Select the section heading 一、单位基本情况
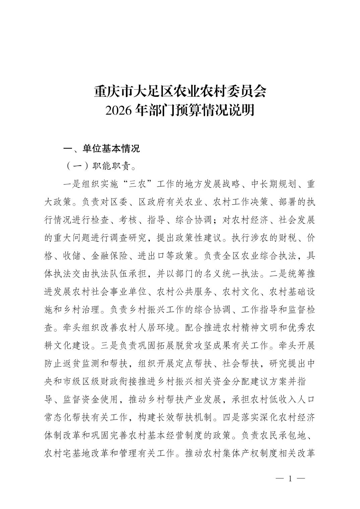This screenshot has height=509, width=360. [x=102, y=149]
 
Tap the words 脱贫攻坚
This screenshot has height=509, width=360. [x=221, y=346]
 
